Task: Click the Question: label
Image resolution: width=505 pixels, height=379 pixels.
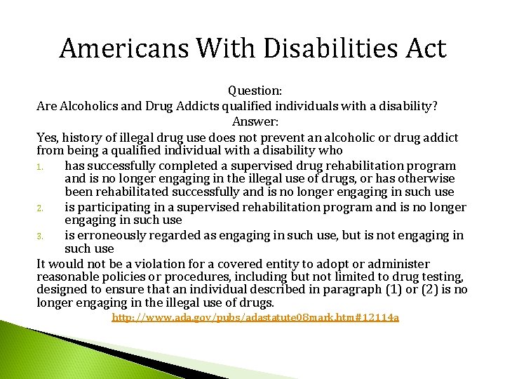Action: click(x=254, y=91)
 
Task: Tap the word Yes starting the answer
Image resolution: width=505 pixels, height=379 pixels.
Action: click(x=48, y=137)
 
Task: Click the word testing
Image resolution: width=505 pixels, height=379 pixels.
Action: click(x=444, y=277)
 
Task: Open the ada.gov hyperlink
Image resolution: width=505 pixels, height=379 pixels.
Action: click(x=255, y=319)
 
